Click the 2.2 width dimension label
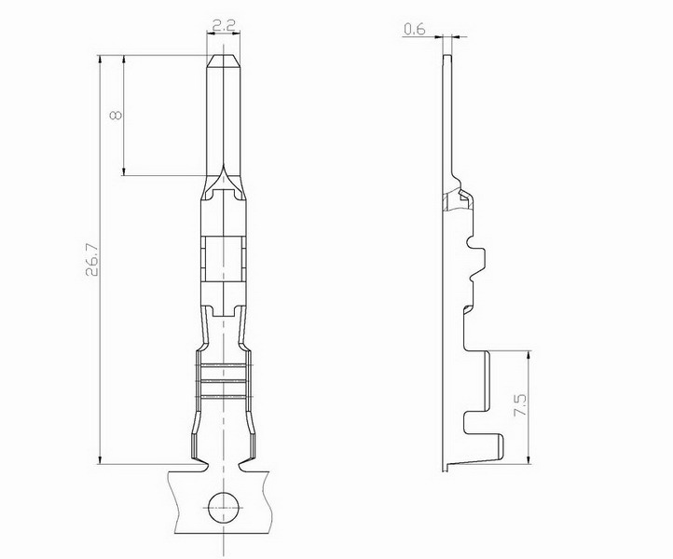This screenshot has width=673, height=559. (224, 27)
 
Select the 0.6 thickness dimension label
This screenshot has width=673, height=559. (414, 29)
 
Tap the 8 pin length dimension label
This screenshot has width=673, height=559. (116, 115)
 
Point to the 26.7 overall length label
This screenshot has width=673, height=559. (92, 260)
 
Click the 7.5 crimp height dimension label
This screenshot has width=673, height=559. (520, 405)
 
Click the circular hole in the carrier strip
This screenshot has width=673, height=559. (224, 508)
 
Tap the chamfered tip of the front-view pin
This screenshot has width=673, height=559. (224, 61)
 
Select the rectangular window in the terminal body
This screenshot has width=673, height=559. (224, 259)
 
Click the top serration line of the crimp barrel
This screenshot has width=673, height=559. (224, 365)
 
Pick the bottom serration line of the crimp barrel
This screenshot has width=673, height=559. (224, 397)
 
